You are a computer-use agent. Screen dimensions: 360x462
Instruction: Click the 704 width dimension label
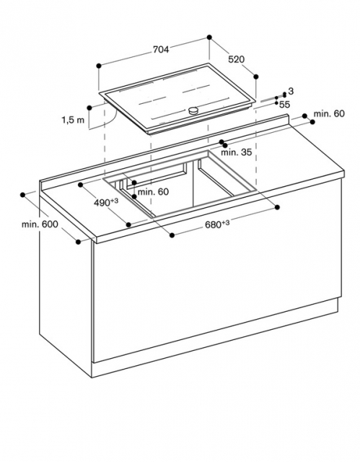click(161, 50)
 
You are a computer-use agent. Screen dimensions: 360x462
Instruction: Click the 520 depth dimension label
click(237, 59)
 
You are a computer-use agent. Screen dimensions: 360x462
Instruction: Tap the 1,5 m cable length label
click(73, 120)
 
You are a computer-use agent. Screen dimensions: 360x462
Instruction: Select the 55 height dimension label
click(284, 104)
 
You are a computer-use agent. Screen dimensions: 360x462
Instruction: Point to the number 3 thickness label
click(291, 92)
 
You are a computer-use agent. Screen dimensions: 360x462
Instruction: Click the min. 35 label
click(237, 152)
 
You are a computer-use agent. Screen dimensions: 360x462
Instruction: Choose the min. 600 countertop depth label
click(40, 225)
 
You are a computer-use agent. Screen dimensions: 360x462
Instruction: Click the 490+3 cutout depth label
click(106, 202)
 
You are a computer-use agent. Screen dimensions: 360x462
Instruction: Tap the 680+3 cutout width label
click(217, 225)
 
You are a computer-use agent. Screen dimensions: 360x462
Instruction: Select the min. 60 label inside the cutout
click(153, 192)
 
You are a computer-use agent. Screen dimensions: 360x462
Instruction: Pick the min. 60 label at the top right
click(329, 113)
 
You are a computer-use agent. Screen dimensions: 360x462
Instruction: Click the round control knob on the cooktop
click(193, 110)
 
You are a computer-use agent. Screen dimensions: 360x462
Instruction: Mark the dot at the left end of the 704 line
click(99, 66)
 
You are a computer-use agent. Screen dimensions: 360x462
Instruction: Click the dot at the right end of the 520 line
click(256, 77)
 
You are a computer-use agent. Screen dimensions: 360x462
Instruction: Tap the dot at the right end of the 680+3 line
click(277, 207)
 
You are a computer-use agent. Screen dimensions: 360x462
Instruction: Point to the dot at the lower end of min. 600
click(78, 242)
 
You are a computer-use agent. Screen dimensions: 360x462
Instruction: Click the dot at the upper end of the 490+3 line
click(81, 185)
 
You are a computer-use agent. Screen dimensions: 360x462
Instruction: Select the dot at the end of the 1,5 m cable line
click(89, 108)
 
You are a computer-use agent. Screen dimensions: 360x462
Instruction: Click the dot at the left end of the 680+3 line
click(172, 235)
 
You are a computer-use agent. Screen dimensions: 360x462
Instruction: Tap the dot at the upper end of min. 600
click(22, 195)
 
